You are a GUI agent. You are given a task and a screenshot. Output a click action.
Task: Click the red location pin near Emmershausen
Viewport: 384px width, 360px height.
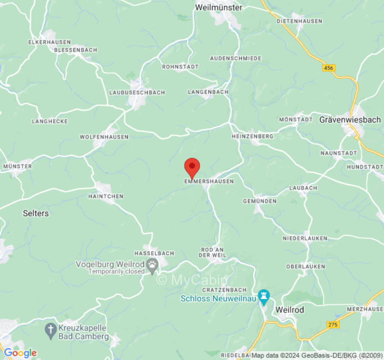click(192, 167)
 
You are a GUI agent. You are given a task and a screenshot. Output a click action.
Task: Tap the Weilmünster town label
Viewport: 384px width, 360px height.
click(219, 8)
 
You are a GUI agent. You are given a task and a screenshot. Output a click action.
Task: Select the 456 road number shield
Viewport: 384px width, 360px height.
click(329, 67)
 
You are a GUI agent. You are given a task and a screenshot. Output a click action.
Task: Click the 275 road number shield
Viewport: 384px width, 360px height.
click(333, 324)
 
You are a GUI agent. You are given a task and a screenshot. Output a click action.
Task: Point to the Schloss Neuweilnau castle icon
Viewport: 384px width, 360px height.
click(263, 297)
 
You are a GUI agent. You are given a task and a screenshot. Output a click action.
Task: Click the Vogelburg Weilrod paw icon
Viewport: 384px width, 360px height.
click(153, 266)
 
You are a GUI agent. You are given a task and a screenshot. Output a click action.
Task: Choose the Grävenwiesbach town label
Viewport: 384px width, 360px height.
click(344, 120)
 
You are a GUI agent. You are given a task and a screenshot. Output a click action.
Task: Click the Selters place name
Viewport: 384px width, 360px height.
click(36, 213)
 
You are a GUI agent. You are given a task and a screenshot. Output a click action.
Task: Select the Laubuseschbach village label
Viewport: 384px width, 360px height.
click(137, 92)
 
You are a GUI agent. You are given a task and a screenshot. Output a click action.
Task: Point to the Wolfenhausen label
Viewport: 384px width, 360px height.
click(104, 137)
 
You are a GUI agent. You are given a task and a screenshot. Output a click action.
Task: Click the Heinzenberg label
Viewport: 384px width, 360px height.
click(253, 136)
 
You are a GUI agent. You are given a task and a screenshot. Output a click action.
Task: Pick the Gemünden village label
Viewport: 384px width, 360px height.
click(260, 201)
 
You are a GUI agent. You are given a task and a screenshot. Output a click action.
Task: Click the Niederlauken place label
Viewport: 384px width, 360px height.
click(305, 238)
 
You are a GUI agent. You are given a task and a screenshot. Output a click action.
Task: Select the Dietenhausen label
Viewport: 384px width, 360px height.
click(299, 21)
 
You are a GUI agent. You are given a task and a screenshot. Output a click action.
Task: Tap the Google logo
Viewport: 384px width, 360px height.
click(20, 353)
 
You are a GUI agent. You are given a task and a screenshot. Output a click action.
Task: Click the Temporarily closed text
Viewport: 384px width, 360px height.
click(117, 272)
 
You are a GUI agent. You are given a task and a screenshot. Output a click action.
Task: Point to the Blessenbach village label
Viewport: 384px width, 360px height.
click(75, 50)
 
